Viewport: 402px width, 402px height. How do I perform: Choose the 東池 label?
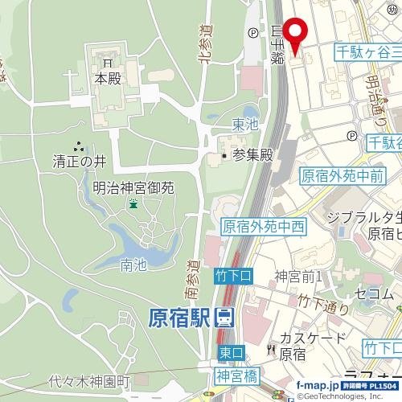(x=245, y=125)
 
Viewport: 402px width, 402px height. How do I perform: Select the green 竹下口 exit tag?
(x=234, y=276)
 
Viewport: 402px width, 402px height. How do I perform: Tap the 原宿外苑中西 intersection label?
(x=263, y=227)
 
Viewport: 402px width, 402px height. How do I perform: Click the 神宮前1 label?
(x=298, y=277)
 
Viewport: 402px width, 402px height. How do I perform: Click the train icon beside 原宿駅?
(x=226, y=318)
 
